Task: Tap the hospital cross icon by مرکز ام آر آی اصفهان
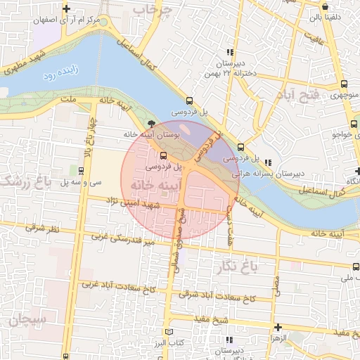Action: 66,9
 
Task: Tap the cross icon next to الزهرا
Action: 278,328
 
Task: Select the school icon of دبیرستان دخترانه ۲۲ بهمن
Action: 229,53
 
